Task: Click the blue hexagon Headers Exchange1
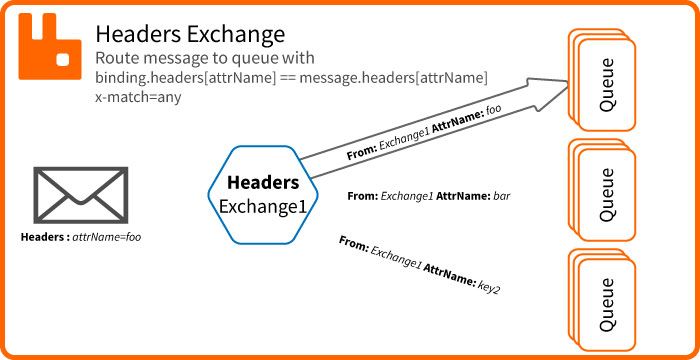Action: click(x=263, y=194)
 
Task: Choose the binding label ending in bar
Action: click(x=429, y=197)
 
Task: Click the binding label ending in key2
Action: click(x=419, y=265)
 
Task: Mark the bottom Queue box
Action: click(x=603, y=301)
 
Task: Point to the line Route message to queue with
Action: click(x=204, y=58)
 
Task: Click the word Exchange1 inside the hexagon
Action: click(x=263, y=206)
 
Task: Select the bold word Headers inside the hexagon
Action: click(x=263, y=183)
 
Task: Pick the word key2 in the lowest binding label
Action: click(x=488, y=286)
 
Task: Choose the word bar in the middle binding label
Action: click(x=502, y=197)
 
